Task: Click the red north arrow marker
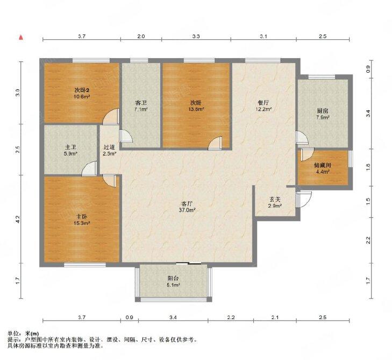click(22, 38)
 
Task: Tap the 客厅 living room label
click(187, 203)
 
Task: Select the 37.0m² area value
click(187, 210)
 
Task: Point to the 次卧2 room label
click(82, 90)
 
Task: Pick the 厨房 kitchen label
click(323, 111)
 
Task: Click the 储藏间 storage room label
click(323, 165)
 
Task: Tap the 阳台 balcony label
click(173, 278)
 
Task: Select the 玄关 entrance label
click(275, 200)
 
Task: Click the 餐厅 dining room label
click(263, 103)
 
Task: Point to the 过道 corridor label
click(109, 147)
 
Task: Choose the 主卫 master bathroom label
click(70, 147)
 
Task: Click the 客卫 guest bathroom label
click(141, 103)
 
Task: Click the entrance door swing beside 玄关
click(303, 200)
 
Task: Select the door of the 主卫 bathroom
click(89, 168)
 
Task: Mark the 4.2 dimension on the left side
click(18, 220)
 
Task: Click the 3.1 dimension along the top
click(263, 37)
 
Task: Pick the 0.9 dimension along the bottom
click(129, 317)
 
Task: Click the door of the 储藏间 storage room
click(307, 154)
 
